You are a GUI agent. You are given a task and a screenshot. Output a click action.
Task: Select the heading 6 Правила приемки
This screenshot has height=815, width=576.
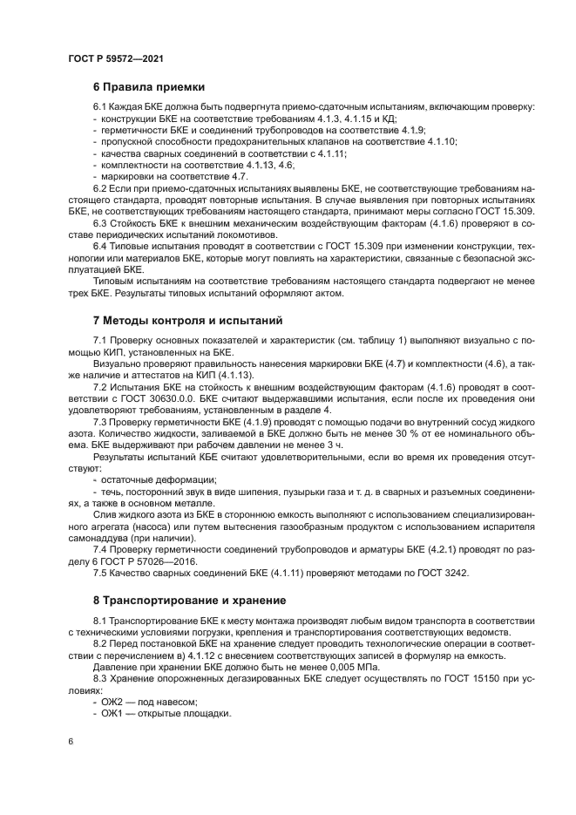(x=149, y=87)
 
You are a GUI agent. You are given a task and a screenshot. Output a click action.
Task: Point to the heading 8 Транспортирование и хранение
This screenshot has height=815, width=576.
(x=193, y=601)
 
